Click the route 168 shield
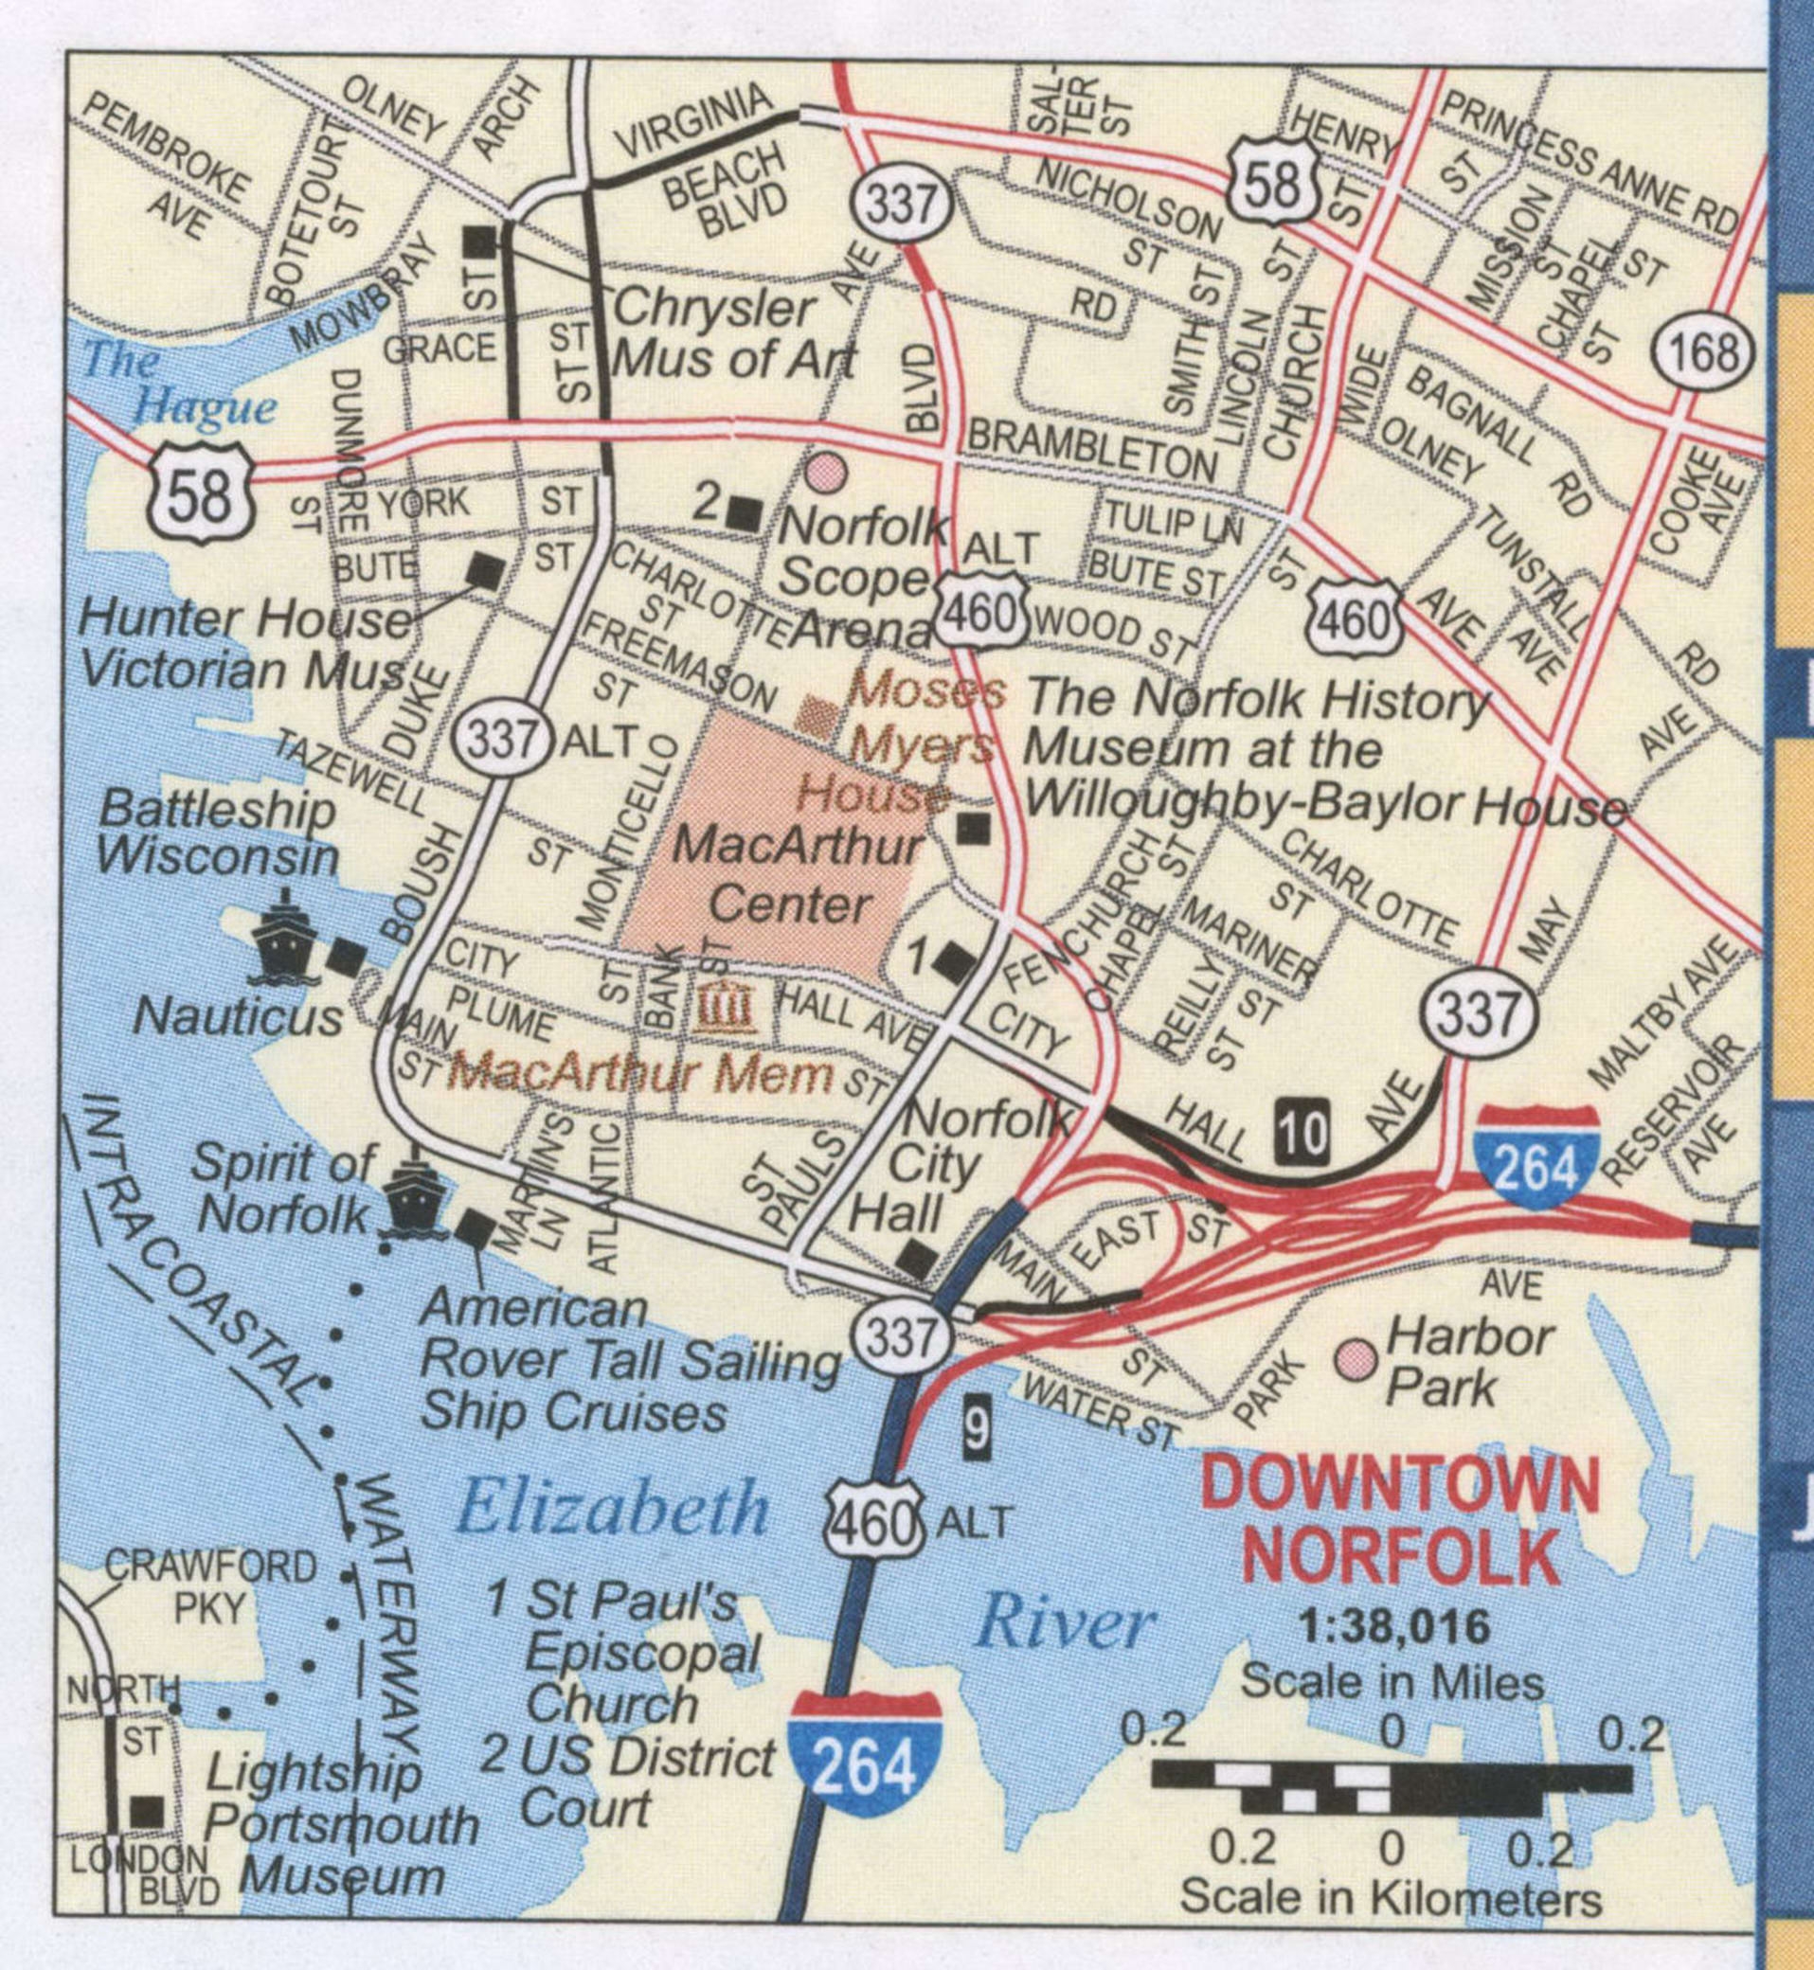1705,352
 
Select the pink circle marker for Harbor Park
1356,1358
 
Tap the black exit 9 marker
974,1428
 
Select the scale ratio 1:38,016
1393,1626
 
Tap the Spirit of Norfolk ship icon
413,1199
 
